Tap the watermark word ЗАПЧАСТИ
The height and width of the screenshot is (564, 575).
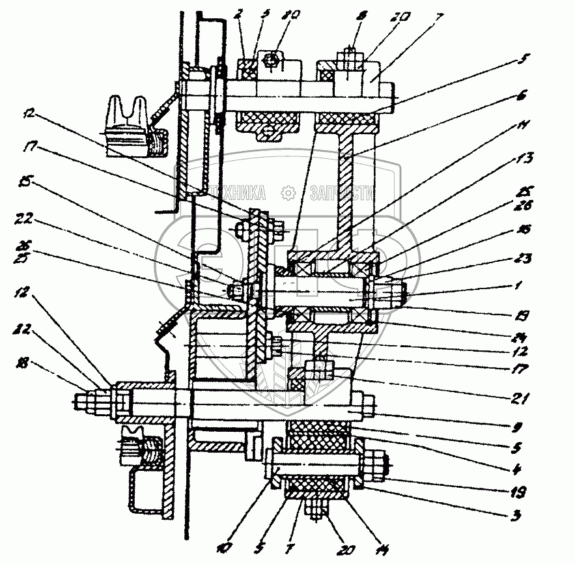(x=341, y=193)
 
